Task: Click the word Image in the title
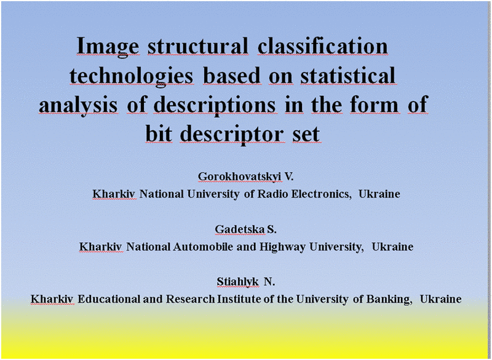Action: point(108,47)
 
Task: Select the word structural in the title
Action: point(197,46)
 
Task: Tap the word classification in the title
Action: point(323,46)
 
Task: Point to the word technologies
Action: point(131,76)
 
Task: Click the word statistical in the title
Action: point(348,75)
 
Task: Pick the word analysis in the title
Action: point(79,105)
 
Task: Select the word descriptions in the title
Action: point(215,105)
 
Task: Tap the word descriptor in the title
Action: point(232,134)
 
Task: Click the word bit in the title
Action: point(159,134)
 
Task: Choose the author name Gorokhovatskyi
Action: point(239,177)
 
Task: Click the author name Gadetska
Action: point(240,230)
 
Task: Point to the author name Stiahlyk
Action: point(237,282)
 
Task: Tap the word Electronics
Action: point(320,194)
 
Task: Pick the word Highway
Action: point(282,247)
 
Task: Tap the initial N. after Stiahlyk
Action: point(269,282)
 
